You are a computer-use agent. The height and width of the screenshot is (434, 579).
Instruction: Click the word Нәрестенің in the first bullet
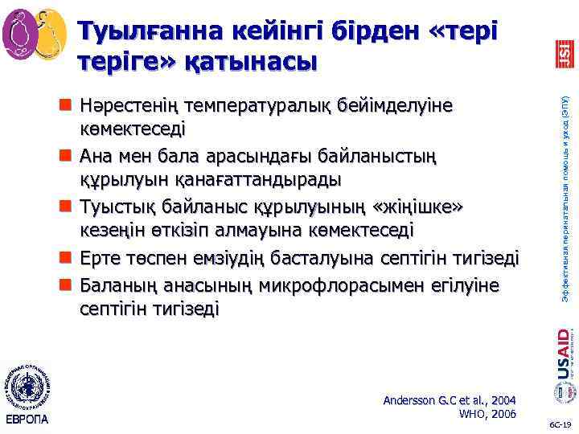(x=128, y=106)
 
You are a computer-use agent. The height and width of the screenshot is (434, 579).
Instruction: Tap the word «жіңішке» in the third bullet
(x=419, y=207)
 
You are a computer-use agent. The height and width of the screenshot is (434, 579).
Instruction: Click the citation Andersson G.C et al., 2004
(x=450, y=399)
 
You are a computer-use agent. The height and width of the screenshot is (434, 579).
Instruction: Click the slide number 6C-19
(x=560, y=424)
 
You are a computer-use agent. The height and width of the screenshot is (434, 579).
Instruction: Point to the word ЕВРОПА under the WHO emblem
(x=28, y=419)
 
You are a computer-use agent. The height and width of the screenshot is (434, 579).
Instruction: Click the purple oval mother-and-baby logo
(x=20, y=32)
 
